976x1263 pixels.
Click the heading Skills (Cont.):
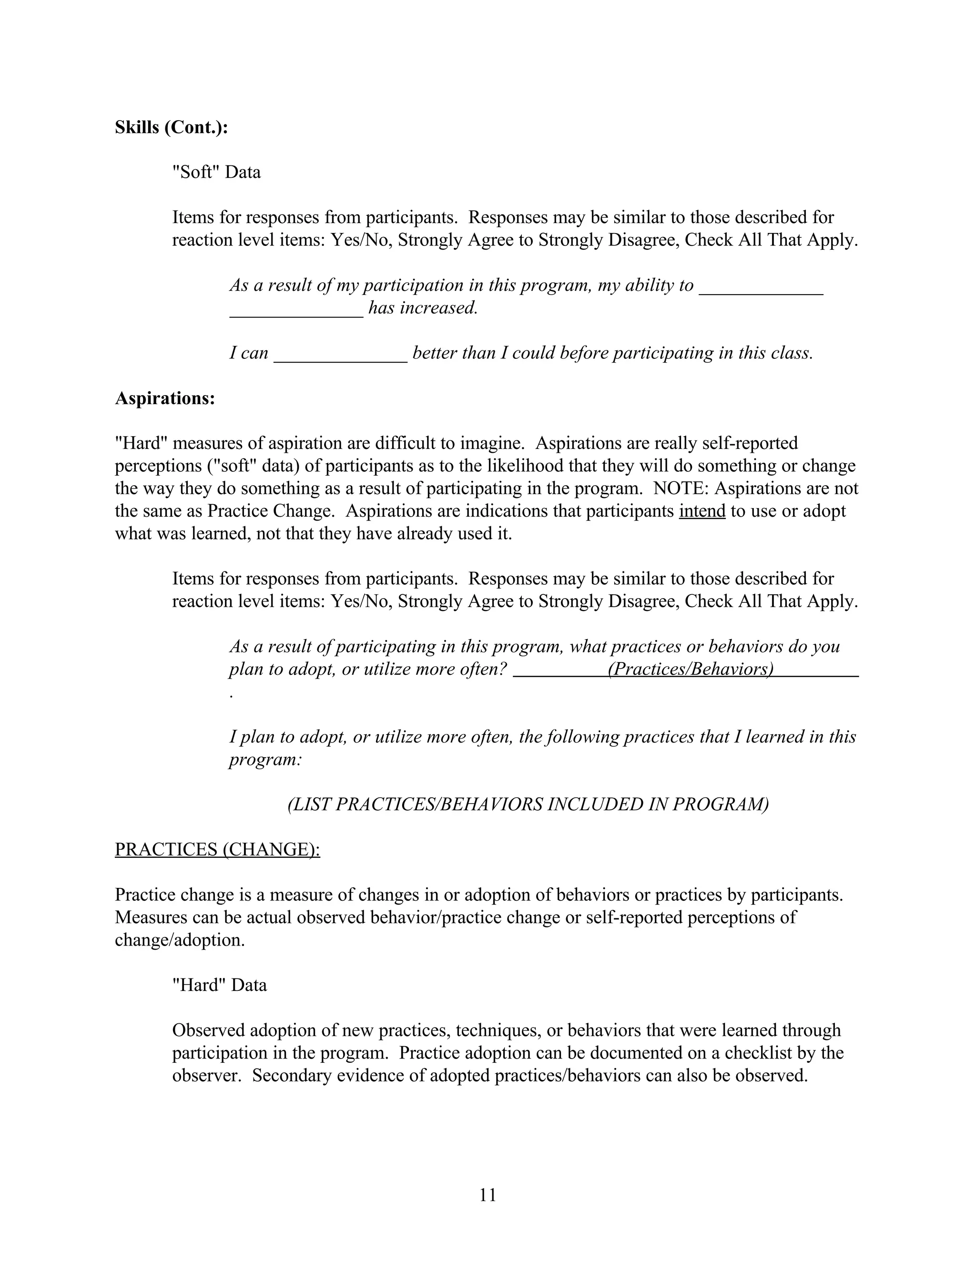171,127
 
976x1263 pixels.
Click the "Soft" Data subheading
216,173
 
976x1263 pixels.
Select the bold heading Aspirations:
165,398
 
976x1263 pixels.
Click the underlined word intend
702,511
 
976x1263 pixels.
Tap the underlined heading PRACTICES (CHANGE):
217,849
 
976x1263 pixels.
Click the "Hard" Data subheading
219,985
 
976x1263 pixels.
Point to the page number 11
488,1195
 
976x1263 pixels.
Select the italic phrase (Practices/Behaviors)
691,669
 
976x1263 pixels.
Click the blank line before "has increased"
296,309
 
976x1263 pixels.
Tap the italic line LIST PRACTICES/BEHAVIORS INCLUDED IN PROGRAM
528,805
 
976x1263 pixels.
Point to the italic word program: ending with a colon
265,759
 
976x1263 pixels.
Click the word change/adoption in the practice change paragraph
179,940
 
